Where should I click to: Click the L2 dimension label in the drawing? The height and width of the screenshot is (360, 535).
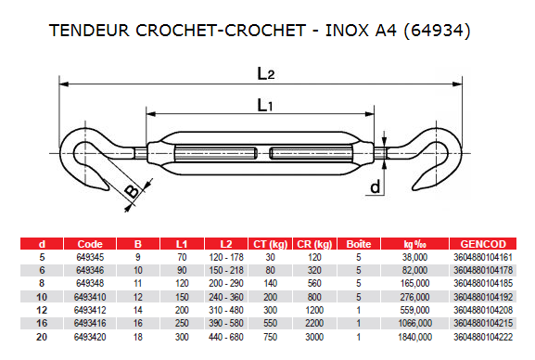click(x=265, y=73)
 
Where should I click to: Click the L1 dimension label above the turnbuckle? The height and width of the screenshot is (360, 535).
click(x=265, y=105)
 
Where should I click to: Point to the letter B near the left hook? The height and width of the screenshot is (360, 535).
click(x=132, y=191)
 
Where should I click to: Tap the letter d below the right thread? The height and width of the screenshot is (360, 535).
click(x=376, y=186)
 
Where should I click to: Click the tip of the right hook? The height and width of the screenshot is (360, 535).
click(x=414, y=187)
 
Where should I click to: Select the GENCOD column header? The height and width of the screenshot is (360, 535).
click(x=483, y=244)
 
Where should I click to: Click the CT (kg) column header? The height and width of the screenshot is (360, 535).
click(x=270, y=244)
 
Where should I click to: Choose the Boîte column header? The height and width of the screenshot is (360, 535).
click(x=359, y=244)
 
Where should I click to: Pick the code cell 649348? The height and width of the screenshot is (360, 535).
click(x=90, y=284)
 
